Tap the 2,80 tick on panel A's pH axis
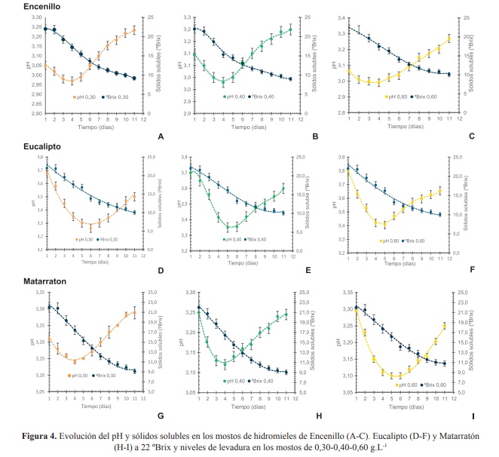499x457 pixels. coord(33,113)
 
